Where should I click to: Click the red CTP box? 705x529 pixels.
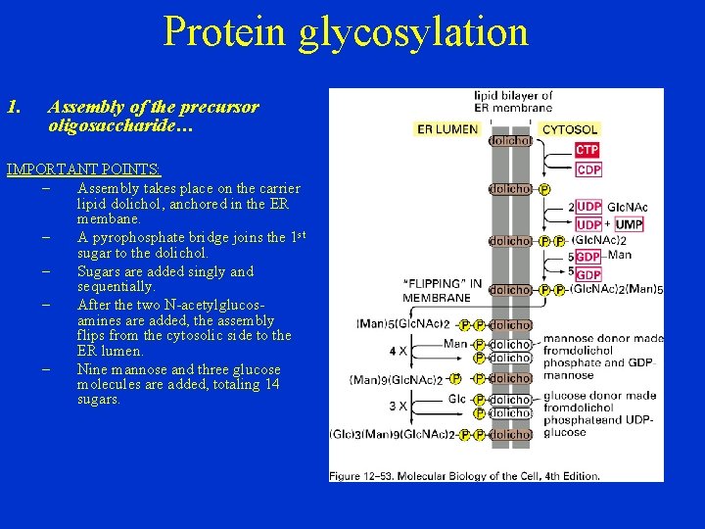[587, 150]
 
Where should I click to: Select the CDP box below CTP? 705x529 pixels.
[588, 169]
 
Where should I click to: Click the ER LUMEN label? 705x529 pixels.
[447, 128]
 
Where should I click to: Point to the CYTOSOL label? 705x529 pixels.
[570, 128]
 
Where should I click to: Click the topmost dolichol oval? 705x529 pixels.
[510, 140]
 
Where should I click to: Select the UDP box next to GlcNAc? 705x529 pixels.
[588, 207]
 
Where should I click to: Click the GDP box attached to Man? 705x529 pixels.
[588, 257]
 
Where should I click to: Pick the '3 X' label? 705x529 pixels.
[397, 405]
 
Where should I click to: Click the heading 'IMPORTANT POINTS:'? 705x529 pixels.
[83, 169]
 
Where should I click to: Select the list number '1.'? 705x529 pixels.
[14, 107]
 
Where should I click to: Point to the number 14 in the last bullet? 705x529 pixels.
[271, 384]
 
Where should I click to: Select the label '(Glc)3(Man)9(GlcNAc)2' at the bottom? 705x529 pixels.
[392, 434]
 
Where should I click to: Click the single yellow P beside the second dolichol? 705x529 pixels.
[544, 189]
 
